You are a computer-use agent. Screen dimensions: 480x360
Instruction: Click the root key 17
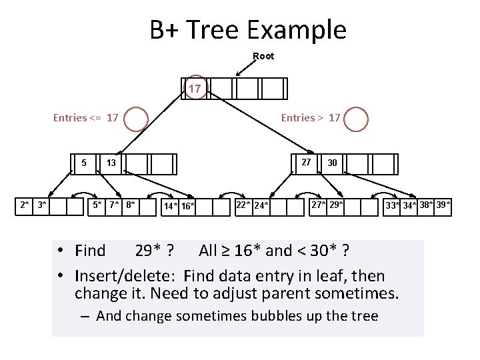[x=194, y=89]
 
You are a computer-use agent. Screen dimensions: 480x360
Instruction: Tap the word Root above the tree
[x=263, y=56]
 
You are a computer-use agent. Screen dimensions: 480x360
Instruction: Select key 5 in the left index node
[x=83, y=163]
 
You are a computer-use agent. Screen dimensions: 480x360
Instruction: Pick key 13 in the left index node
[x=111, y=163]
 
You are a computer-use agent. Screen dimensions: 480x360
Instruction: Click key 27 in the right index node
[x=305, y=162]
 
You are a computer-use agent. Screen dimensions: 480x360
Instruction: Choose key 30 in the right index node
[x=332, y=163]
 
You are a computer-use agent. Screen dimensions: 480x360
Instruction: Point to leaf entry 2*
[x=25, y=205]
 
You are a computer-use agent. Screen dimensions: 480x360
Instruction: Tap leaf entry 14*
[x=171, y=206]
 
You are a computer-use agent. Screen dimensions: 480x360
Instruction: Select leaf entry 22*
[x=243, y=205]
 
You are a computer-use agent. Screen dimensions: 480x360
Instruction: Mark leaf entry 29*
[x=336, y=205]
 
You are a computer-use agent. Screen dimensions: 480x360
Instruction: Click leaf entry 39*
[x=443, y=205]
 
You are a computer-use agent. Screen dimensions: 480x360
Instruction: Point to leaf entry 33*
[x=393, y=205]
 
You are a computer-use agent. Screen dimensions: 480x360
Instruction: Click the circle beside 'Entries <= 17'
[x=136, y=119]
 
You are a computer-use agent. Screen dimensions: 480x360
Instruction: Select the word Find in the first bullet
[x=90, y=251]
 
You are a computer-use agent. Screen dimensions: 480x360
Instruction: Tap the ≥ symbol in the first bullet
[x=228, y=251]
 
